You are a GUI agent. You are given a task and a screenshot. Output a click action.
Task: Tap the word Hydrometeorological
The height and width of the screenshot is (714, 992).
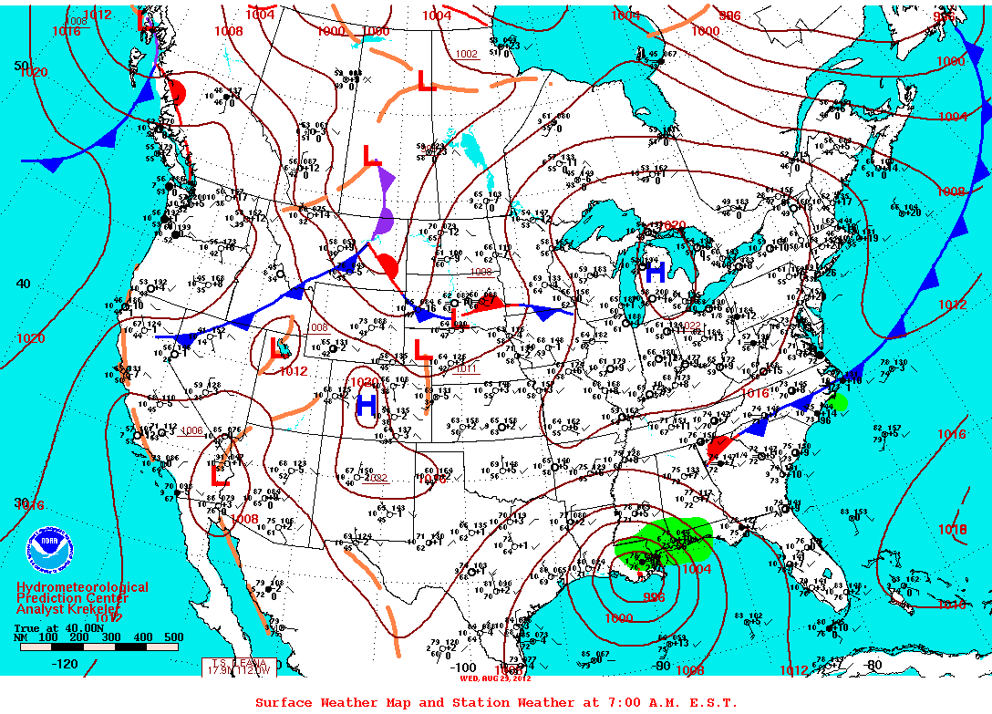click(82, 588)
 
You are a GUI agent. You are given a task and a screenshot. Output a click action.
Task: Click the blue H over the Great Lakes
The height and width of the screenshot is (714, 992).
click(654, 271)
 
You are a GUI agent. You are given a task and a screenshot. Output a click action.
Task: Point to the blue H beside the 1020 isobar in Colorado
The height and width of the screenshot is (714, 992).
click(367, 404)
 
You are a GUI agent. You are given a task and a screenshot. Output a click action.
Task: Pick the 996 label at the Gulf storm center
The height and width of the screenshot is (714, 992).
click(654, 597)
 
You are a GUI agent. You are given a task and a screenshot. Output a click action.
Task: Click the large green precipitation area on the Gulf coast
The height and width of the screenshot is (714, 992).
click(664, 542)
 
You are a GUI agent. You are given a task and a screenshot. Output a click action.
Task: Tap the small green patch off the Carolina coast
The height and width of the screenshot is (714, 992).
click(836, 402)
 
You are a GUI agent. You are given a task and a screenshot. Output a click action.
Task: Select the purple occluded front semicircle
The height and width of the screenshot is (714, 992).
click(385, 222)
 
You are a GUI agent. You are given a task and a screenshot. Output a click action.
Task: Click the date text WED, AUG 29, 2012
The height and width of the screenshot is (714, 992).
click(494, 678)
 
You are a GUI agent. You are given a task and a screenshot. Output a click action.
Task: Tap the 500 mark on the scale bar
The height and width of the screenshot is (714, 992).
click(172, 637)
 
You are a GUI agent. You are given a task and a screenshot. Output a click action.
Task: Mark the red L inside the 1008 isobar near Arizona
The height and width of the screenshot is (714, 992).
click(220, 475)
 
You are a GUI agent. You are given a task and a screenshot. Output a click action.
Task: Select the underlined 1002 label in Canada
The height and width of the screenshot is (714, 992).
click(466, 55)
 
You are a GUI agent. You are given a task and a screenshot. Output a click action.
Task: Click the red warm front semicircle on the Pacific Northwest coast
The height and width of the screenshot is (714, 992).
click(177, 93)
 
